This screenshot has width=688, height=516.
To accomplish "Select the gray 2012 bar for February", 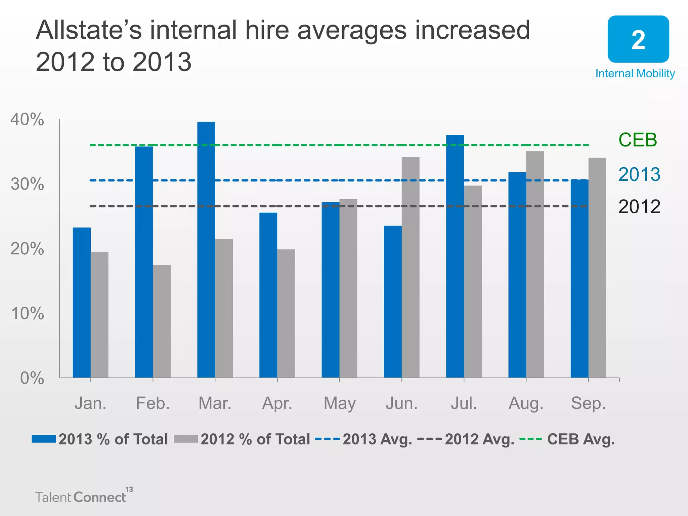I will click(x=162, y=321).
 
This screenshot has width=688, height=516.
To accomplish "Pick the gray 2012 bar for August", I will click(x=535, y=264).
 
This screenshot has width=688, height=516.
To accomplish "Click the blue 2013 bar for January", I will click(x=82, y=302).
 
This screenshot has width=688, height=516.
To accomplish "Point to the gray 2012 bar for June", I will click(x=411, y=267).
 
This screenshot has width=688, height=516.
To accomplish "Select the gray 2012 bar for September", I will click(x=597, y=268).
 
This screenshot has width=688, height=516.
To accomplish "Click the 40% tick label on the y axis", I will click(x=27, y=120).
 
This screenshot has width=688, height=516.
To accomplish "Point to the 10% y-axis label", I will click(x=27, y=313).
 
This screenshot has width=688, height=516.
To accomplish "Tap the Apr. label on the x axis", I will click(x=277, y=403).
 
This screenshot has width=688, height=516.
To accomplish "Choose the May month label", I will click(x=339, y=403).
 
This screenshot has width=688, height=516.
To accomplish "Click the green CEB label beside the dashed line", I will click(x=637, y=140).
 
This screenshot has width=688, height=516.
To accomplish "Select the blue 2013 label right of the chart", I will click(x=639, y=174).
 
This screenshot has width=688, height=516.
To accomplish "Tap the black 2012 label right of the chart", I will click(x=639, y=207).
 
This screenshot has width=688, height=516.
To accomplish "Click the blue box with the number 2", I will click(x=638, y=39).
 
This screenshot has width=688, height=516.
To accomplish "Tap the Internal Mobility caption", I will click(x=635, y=74).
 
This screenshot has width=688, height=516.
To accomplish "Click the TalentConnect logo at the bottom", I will click(x=82, y=496).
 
